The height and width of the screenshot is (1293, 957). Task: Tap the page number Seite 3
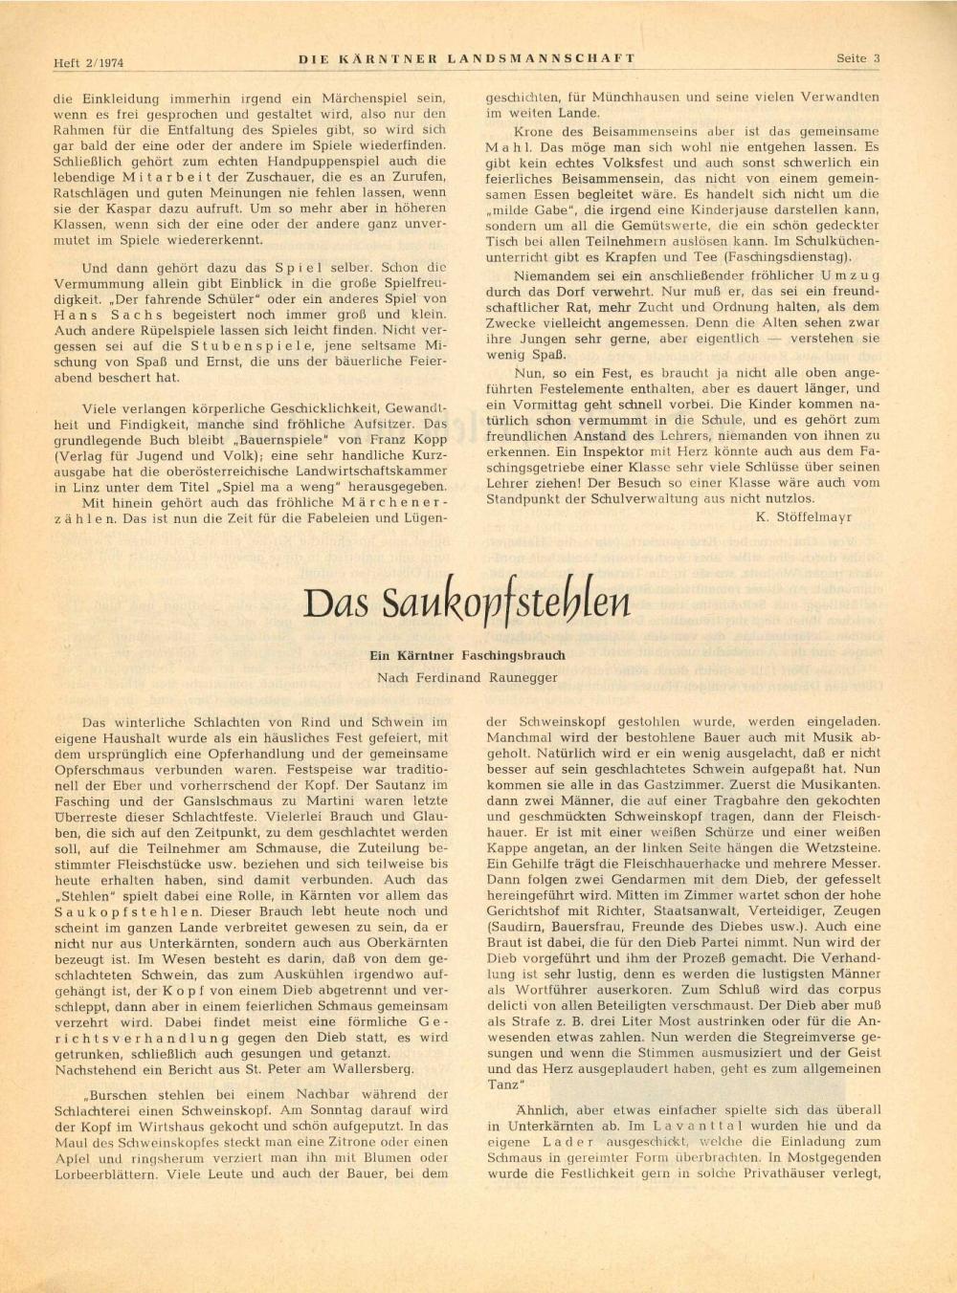[857, 58]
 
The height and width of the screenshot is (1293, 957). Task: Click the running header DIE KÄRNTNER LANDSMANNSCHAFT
[467, 58]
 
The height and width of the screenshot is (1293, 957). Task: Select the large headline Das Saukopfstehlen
[467, 603]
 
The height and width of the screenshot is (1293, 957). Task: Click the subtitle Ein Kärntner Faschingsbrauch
[467, 655]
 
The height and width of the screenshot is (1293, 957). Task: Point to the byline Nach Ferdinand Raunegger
[467, 677]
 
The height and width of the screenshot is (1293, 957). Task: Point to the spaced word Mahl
[509, 148]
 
